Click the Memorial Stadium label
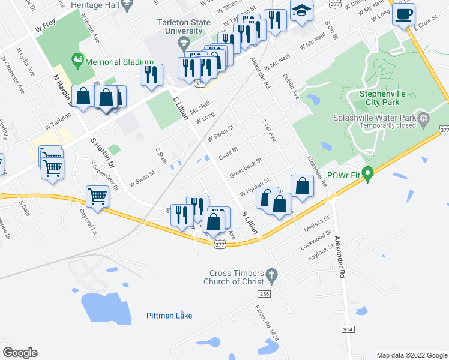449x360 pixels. [119, 61]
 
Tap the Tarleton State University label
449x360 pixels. [180, 26]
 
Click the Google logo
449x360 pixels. [20, 353]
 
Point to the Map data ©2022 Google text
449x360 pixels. [411, 355]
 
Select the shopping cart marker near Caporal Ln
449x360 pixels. [97, 195]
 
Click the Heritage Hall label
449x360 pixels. [89, 4]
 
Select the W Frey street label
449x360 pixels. [45, 28]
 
